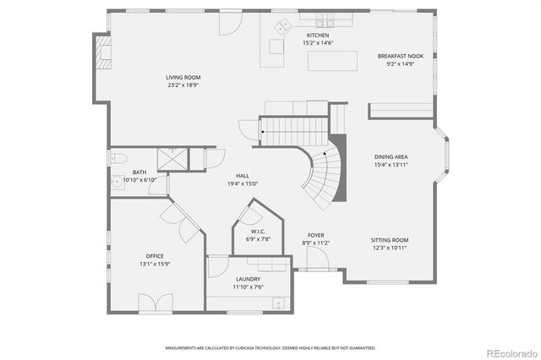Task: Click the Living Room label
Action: [x=183, y=78]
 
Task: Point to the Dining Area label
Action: [x=391, y=156]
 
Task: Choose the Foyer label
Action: [x=315, y=236]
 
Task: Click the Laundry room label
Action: [x=248, y=279]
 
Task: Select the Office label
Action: [x=155, y=256]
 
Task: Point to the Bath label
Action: [x=139, y=172]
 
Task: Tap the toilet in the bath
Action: [x=119, y=158]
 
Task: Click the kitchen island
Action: [x=331, y=60]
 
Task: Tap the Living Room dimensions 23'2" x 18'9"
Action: [x=183, y=85]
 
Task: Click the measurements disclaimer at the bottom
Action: [x=270, y=347]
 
